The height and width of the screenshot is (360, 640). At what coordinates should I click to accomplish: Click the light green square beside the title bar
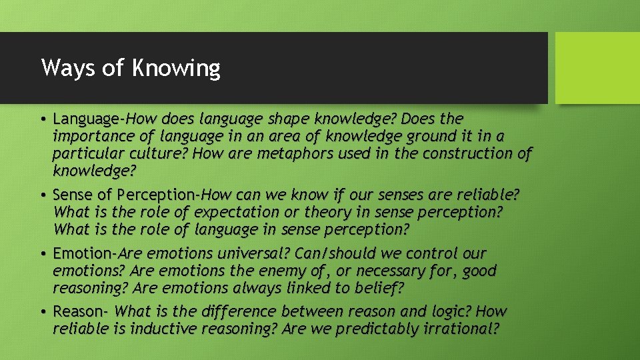tap(597, 68)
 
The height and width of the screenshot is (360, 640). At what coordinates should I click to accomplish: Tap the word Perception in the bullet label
tap(155, 195)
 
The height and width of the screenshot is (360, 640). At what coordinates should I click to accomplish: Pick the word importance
tap(86, 137)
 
